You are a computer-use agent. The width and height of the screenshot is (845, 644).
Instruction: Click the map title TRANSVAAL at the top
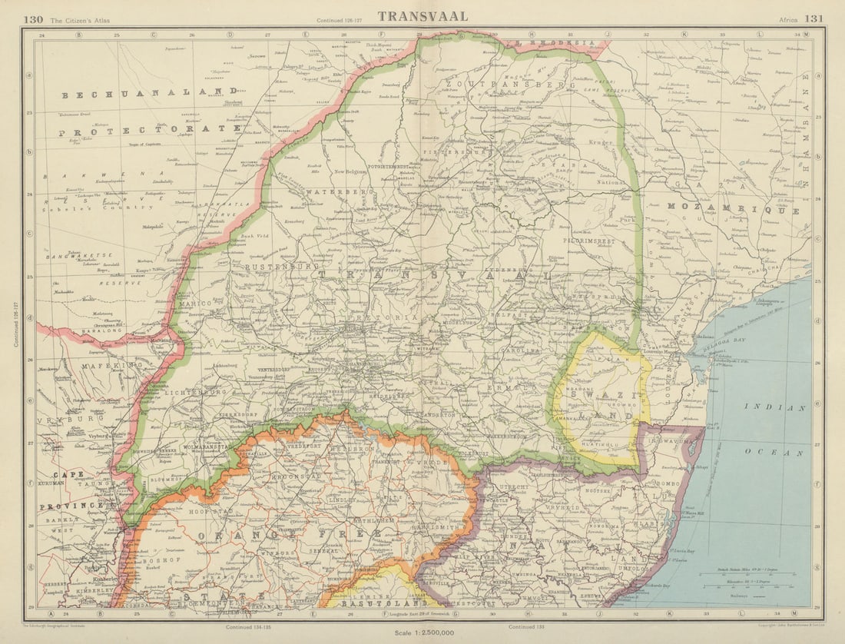[422, 16]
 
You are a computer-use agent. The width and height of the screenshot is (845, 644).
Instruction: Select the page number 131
[814, 18]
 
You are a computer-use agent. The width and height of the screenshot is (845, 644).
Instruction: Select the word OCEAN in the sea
[784, 453]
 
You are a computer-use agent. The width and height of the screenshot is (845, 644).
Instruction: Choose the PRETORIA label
[394, 317]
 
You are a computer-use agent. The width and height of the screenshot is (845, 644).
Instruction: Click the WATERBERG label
[339, 191]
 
